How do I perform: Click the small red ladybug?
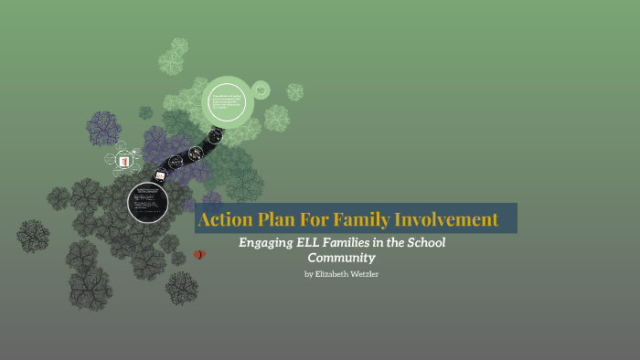click(x=199, y=254)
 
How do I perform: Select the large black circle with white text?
click(x=147, y=202)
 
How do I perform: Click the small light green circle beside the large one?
click(x=261, y=90)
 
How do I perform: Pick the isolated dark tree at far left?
click(x=33, y=236)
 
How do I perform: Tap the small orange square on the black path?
click(x=161, y=175)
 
